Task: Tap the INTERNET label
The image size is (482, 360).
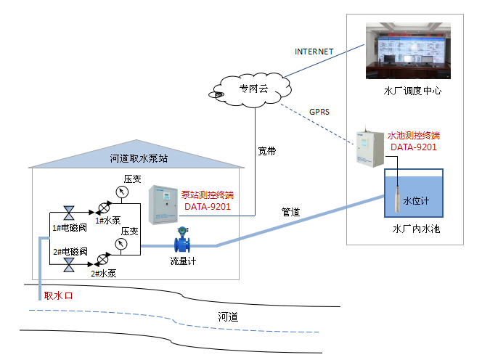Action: (314, 52)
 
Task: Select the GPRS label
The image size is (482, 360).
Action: (319, 112)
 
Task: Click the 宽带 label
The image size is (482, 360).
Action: (267, 152)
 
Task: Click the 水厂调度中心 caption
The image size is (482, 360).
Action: (412, 91)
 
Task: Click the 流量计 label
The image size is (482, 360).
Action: (183, 260)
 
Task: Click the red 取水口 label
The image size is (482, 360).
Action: (59, 295)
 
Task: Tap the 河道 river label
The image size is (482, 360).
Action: (229, 316)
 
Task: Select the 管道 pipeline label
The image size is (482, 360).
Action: (291, 212)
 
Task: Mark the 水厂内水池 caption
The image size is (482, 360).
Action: (416, 229)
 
